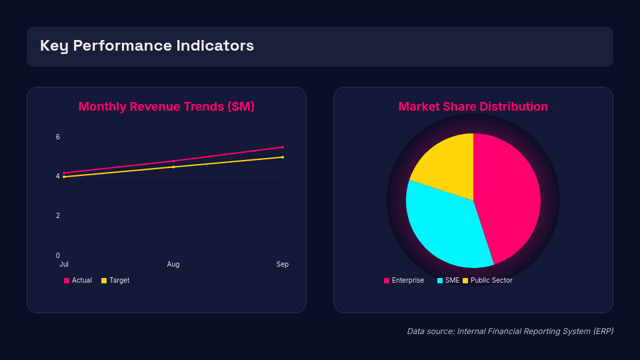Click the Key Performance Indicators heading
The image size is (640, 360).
tap(147, 46)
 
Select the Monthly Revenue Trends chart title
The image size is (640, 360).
tap(167, 107)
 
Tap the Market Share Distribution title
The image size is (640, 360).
tap(473, 107)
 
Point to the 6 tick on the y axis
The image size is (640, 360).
tap(58, 137)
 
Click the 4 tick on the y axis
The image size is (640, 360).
tap(58, 177)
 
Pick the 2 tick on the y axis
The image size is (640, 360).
tap(58, 216)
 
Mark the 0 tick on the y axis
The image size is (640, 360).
tap(58, 255)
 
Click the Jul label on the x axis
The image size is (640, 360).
tap(64, 265)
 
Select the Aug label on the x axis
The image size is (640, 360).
tap(173, 265)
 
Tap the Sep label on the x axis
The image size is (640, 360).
tap(283, 265)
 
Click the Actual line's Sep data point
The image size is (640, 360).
tap(283, 147)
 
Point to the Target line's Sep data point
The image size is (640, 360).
tap(283, 157)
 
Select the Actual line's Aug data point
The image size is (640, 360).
tap(173, 161)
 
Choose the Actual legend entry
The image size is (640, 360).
tap(78, 281)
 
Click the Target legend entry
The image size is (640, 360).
tap(115, 281)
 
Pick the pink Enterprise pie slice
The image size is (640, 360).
tap(510, 193)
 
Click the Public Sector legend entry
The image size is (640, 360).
tap(487, 281)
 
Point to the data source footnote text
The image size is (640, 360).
tap(510, 331)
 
